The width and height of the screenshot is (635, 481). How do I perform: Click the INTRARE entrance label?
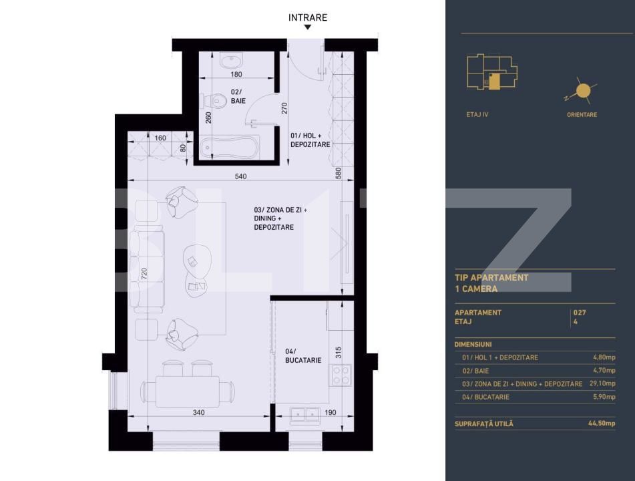pyautogui.click(x=308, y=17)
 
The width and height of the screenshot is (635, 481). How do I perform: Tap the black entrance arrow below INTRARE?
pyautogui.click(x=308, y=28)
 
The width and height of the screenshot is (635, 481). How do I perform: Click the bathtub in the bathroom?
pyautogui.click(x=229, y=146)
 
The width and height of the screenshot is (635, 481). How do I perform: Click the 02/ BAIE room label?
pyautogui.click(x=238, y=96)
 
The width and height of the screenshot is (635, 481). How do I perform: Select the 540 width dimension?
pyautogui.click(x=241, y=176)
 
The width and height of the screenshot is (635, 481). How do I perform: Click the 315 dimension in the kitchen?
pyautogui.click(x=338, y=352)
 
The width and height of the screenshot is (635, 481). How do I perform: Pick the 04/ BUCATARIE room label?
pyautogui.click(x=303, y=355)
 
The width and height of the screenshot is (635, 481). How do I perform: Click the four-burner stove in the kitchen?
pyautogui.click(x=342, y=377)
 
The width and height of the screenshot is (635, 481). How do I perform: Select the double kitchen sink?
pyautogui.click(x=302, y=414)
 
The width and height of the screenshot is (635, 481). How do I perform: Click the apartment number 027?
pyautogui.click(x=580, y=312)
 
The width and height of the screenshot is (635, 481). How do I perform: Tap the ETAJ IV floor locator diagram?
pyautogui.click(x=491, y=73)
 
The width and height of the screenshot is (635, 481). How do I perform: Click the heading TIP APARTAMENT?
pyautogui.click(x=491, y=277)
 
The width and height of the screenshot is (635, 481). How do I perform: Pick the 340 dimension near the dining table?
pyautogui.click(x=198, y=412)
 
